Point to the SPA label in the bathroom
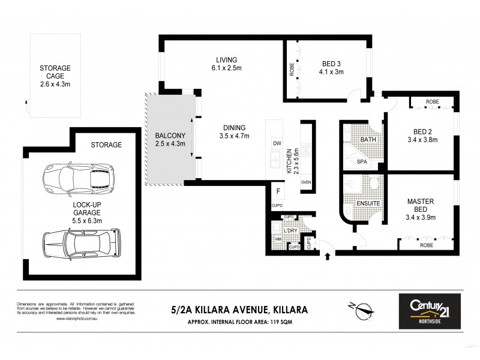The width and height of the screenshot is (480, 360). click(362, 162)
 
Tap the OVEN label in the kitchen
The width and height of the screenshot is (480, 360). click(305, 182)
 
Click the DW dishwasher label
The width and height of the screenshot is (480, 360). click(277, 143)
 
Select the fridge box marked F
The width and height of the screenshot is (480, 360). click(278, 193)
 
